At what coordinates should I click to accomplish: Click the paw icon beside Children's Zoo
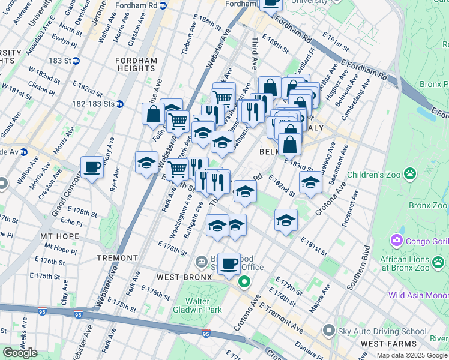[409, 173]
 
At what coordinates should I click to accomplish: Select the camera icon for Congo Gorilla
[396, 241]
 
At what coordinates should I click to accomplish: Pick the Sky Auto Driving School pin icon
[328, 331]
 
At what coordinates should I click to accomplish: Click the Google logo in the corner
[20, 353]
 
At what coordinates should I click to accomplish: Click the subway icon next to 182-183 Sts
[119, 103]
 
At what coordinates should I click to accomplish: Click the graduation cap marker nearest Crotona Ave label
[310, 181]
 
